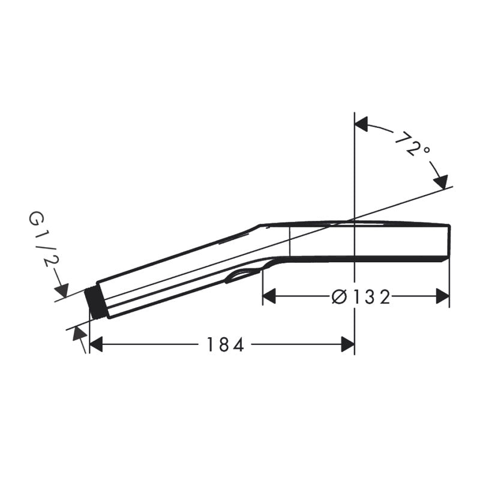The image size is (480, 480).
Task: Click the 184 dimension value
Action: click(226, 344)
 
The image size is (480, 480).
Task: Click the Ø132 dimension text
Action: click(361, 296)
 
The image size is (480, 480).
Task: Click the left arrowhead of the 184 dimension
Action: click(95, 344)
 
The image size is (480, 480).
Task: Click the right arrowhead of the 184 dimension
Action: click(348, 344)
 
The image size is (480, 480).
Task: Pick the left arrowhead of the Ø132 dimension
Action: click(269, 296)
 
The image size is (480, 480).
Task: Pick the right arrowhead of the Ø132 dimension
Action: click(443, 296)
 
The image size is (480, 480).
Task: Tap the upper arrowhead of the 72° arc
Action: click(361, 124)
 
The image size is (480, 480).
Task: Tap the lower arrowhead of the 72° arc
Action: click(441, 182)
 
